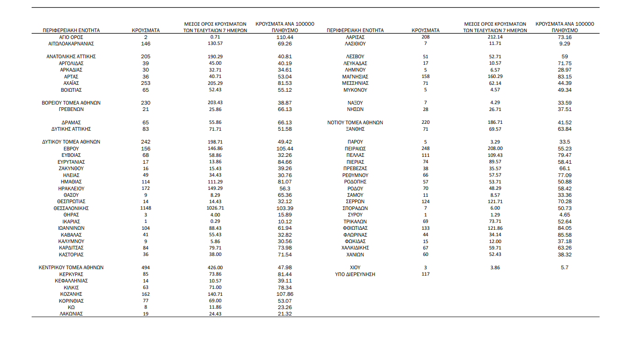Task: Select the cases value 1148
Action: point(145,208)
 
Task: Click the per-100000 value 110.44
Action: point(285,37)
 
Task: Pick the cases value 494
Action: point(145,268)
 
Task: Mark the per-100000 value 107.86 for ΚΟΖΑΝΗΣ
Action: point(285,294)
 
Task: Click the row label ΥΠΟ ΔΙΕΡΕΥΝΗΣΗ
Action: point(355,274)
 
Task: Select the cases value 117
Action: point(425,274)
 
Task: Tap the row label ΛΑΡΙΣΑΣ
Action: point(355,37)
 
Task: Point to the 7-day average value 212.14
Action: point(495,37)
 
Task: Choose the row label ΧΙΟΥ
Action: point(355,267)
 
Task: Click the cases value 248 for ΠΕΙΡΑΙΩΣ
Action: point(425,149)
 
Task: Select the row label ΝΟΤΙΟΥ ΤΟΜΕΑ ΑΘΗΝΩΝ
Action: point(355,122)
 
